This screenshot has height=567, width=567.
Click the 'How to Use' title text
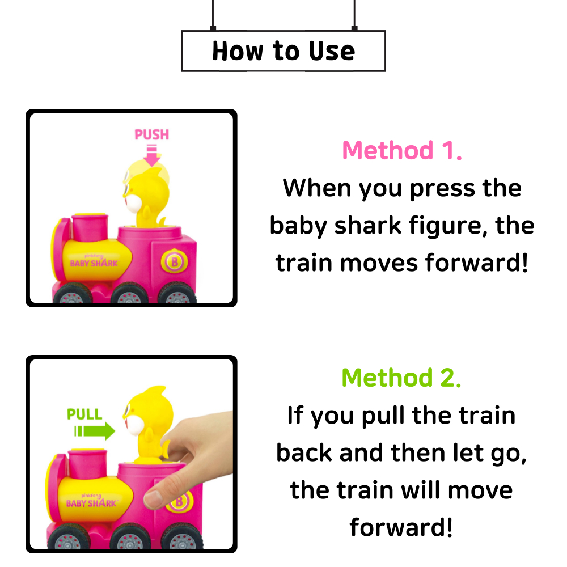(283, 51)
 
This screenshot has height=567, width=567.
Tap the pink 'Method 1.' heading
(402, 150)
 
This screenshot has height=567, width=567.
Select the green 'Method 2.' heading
(401, 378)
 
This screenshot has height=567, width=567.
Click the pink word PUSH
(151, 134)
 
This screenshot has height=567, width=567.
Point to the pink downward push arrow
(152, 155)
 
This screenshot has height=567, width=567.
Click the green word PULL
(84, 414)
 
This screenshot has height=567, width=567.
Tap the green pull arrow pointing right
(95, 431)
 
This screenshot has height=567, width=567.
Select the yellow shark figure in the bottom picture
(148, 425)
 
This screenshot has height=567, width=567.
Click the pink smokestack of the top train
(90, 227)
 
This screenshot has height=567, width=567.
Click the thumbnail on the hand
(153, 500)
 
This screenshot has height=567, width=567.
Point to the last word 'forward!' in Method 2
(401, 527)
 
